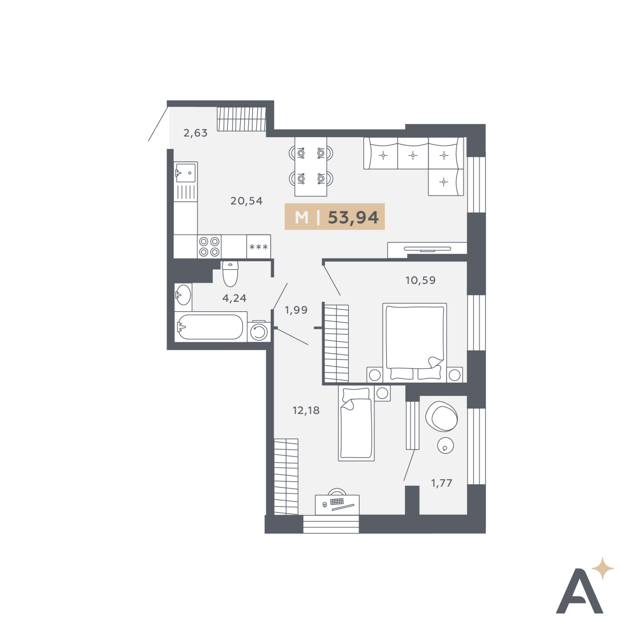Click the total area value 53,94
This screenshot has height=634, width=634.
[x=353, y=217]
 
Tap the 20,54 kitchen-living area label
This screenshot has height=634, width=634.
[x=247, y=201]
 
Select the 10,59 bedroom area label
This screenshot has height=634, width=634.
[x=420, y=280]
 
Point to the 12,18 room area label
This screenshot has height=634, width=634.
[x=306, y=410]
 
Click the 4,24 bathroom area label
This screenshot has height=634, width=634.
[x=234, y=298]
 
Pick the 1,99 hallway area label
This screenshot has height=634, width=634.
[x=296, y=310]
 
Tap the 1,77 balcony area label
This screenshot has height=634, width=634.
[x=442, y=483]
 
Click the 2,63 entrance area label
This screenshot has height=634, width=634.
[x=195, y=133]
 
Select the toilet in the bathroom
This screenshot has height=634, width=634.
[x=230, y=273]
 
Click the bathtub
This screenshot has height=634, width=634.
[x=210, y=327]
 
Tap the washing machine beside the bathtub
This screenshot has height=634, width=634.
[x=259, y=331]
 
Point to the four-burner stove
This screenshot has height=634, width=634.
[x=209, y=247]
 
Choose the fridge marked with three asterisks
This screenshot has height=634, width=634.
[x=259, y=247]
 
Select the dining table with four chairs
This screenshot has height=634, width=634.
[x=311, y=167]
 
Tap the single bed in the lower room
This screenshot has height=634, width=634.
[x=356, y=423]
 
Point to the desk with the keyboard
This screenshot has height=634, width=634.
[x=337, y=505]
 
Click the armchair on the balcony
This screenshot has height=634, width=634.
[x=441, y=416]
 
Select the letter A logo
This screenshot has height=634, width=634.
[x=580, y=591]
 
